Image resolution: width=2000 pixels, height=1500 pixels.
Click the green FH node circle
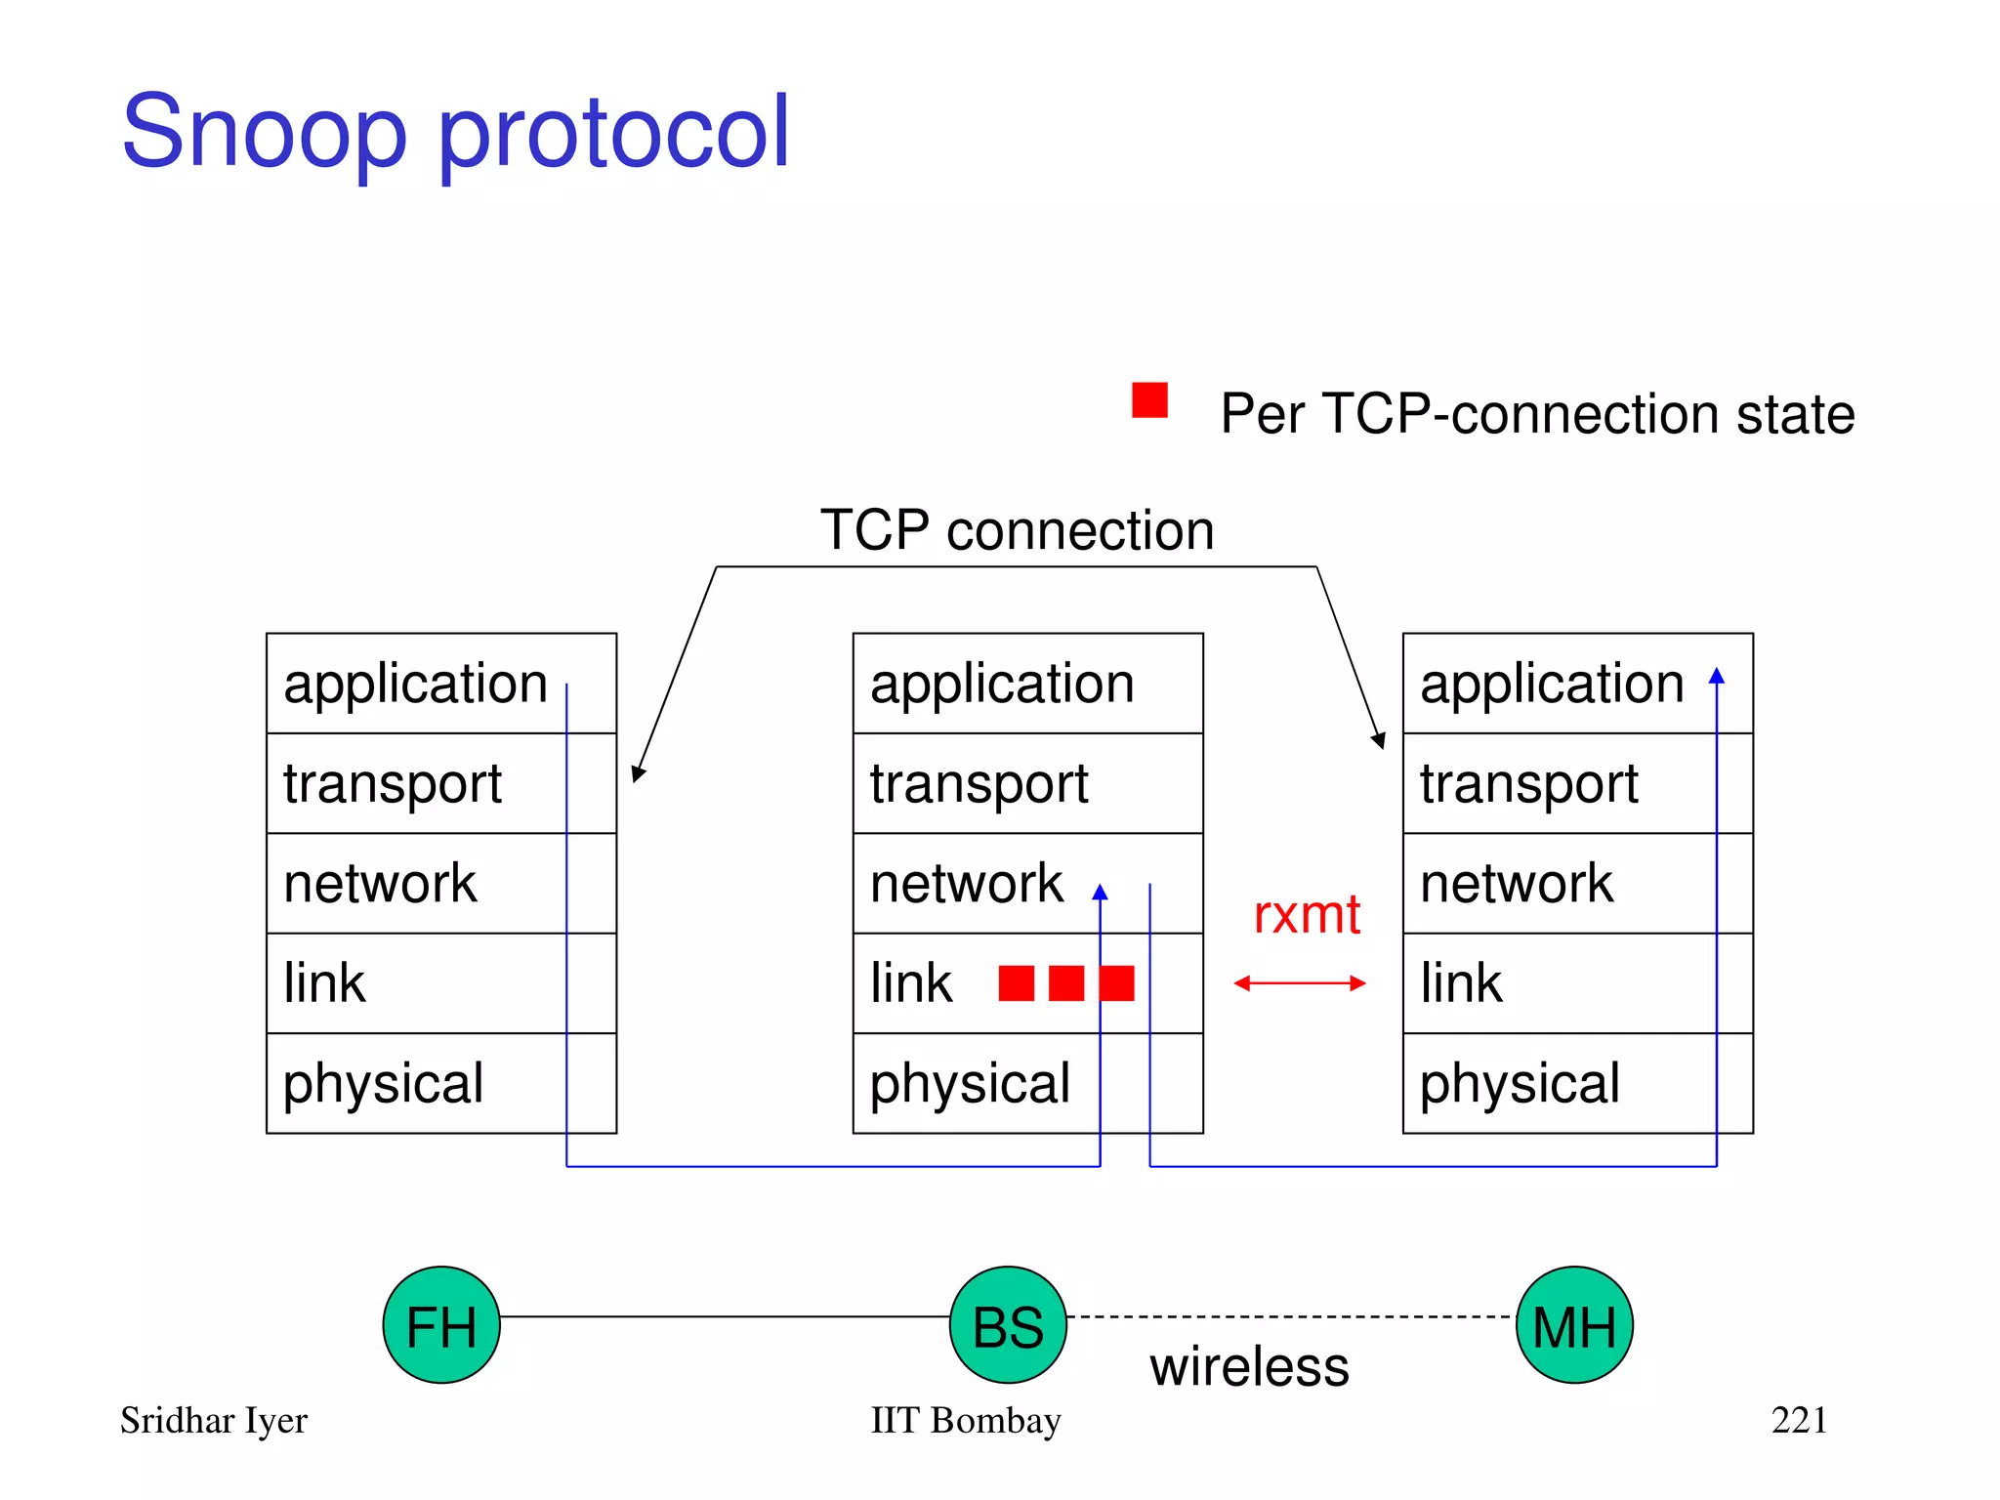[441, 1325]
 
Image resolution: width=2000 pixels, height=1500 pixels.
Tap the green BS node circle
[1008, 1325]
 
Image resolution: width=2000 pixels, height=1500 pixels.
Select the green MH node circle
[1574, 1325]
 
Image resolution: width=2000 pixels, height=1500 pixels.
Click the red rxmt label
[1307, 915]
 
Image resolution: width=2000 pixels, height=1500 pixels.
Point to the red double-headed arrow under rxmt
[1299, 983]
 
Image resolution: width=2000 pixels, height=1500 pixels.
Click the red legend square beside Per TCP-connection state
[1149, 400]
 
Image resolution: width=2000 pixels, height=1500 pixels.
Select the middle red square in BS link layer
[1066, 983]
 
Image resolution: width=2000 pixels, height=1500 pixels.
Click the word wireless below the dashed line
[1249, 1366]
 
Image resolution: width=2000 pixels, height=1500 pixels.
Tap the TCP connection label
[1017, 530]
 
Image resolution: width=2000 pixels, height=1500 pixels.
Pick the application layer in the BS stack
[1027, 683]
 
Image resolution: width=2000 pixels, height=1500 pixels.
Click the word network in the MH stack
[1516, 883]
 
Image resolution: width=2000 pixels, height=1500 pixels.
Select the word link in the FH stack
[324, 983]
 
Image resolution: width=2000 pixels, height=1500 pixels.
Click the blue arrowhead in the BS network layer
[1101, 892]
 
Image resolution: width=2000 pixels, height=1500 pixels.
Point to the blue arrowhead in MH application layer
[1717, 675]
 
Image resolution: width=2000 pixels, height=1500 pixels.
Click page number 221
[1799, 1420]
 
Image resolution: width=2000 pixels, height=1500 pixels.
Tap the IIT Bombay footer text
[965, 1420]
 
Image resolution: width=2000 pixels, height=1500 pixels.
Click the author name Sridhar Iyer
[214, 1420]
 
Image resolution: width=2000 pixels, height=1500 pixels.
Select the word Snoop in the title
[264, 132]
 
